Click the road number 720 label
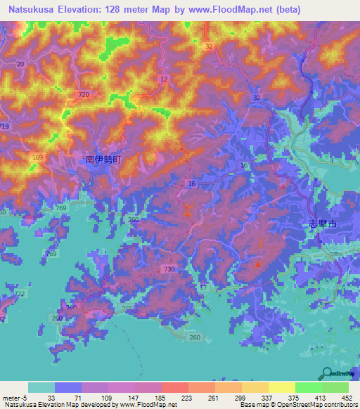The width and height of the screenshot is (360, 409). (x=84, y=94)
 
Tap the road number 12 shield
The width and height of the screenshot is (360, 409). (x=164, y=79)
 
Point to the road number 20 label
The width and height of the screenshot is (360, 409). (x=20, y=64)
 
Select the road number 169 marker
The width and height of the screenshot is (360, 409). (x=37, y=157)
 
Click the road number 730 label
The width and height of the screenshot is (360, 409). (x=169, y=269)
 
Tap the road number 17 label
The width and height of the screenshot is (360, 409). (x=204, y=288)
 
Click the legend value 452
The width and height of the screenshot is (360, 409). (x=346, y=396)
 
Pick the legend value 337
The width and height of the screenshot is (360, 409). (x=266, y=396)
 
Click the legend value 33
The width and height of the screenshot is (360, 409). (x=52, y=396)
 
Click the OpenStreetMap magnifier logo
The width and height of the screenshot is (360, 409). (x=326, y=374)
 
